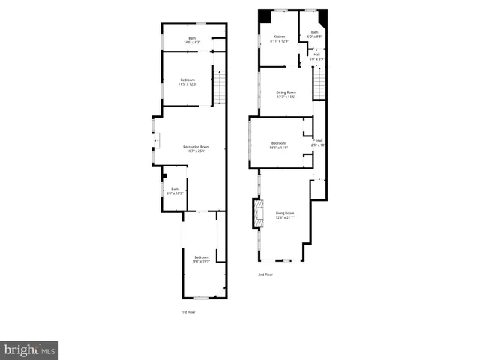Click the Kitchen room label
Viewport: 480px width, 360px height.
coord(279,37)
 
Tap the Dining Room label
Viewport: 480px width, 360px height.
coord(286,92)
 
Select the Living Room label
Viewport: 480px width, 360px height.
coord(284,213)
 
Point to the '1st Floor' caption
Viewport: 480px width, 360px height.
coord(189,311)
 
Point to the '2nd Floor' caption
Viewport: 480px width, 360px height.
coord(265,274)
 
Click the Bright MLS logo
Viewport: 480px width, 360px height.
coord(29,349)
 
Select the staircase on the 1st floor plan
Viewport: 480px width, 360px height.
coord(220,85)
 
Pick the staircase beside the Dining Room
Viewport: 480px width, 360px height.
coord(319,82)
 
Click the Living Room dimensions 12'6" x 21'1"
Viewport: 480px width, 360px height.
coord(284,218)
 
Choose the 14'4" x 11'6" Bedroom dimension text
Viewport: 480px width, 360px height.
coord(278,148)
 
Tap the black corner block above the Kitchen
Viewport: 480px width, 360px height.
coord(265,16)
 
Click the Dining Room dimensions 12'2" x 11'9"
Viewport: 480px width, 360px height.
coord(286,97)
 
